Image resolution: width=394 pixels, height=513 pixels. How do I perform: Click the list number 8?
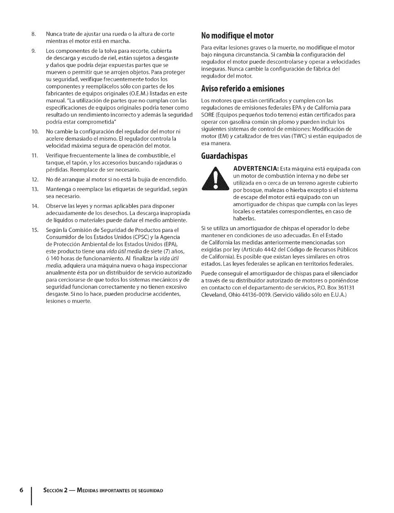coord(34,34)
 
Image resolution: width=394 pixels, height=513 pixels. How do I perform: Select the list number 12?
coord(35,180)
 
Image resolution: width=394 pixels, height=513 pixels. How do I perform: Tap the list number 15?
coord(35,230)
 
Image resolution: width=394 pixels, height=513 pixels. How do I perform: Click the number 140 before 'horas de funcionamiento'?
coord(55,258)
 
